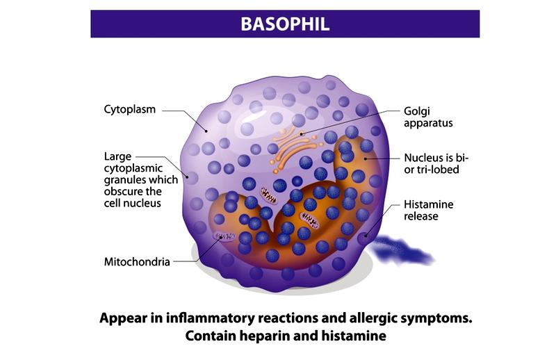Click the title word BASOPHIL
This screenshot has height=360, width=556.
click(285, 24)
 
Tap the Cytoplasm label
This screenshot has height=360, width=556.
click(129, 110)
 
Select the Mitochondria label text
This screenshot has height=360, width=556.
click(137, 262)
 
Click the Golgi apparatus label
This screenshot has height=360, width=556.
click(428, 117)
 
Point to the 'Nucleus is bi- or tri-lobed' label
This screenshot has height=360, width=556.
click(436, 163)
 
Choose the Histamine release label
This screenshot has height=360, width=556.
click(428, 210)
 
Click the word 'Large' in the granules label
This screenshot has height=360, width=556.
click(117, 156)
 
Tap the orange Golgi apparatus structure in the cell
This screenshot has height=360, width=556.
click(294, 149)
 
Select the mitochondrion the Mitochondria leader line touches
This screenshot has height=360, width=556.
click(224, 236)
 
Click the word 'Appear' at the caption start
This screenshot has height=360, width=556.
click(123, 318)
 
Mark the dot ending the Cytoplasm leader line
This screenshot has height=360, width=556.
click(206, 131)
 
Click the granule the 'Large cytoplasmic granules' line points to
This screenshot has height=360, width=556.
click(192, 178)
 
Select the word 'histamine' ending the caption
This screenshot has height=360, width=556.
click(354, 336)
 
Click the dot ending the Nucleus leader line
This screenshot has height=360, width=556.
click(366, 158)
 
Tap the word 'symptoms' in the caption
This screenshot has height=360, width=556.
click(436, 318)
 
